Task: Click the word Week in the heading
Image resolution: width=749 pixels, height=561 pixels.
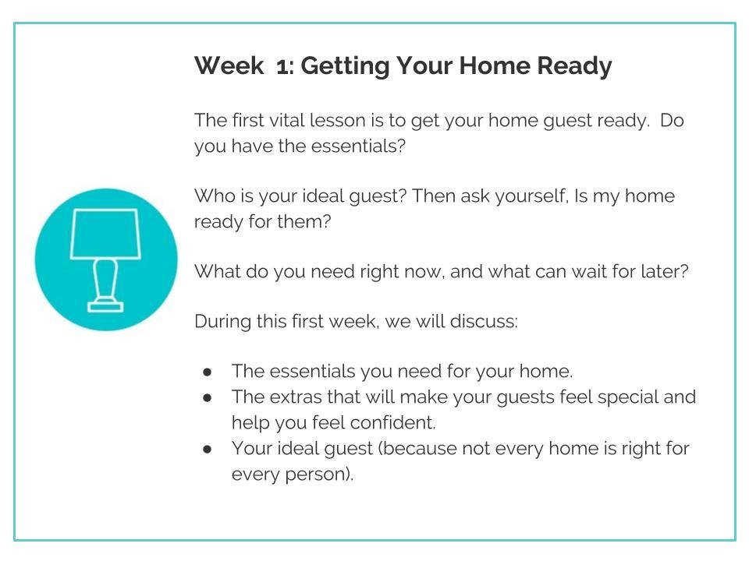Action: pyautogui.click(x=229, y=65)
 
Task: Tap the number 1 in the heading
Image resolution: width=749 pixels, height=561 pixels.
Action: pyautogui.click(x=282, y=65)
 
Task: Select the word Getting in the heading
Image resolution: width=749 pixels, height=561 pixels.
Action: pyautogui.click(x=345, y=66)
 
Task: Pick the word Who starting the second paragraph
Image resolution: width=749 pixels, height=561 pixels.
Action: pyautogui.click(x=211, y=196)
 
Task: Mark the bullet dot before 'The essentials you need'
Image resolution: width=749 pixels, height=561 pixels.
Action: pyautogui.click(x=207, y=372)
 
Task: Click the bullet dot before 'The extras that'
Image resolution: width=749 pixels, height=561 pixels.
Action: pyautogui.click(x=207, y=398)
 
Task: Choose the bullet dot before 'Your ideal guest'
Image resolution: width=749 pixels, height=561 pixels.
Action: pyautogui.click(x=207, y=450)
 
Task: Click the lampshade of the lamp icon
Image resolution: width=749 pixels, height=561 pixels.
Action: pyautogui.click(x=105, y=234)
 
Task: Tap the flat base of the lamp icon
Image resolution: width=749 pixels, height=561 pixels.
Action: pyautogui.click(x=105, y=307)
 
